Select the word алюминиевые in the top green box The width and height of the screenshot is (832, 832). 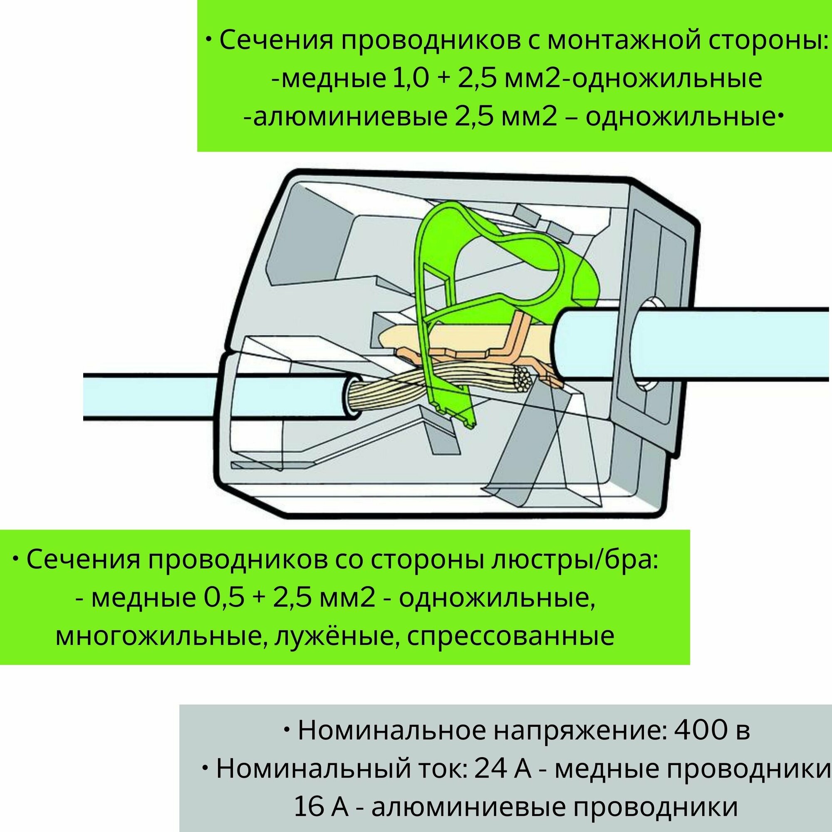coord(349,118)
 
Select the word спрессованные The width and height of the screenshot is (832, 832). coord(510,636)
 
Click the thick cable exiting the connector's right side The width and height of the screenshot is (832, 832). coord(732,344)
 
